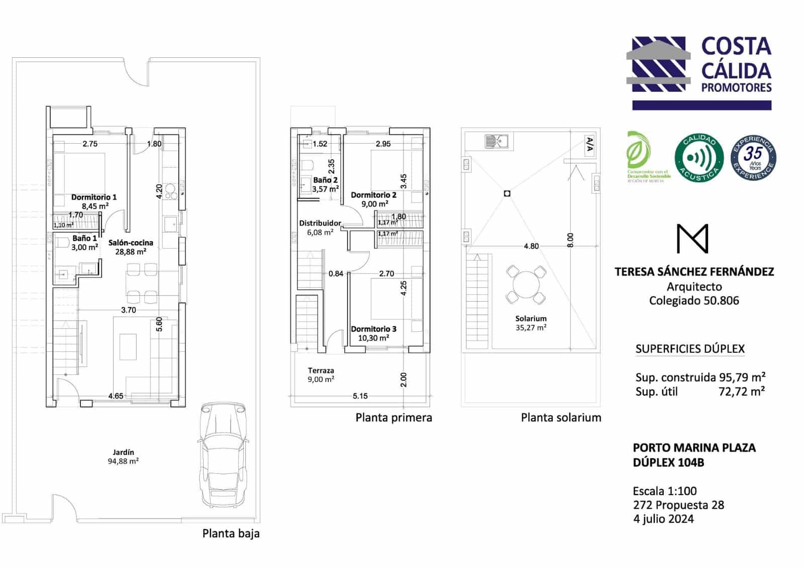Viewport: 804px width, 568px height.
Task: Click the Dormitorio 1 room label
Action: [93, 197]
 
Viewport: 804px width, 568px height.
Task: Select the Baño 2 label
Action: [325, 180]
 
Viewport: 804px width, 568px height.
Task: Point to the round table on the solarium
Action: [526, 285]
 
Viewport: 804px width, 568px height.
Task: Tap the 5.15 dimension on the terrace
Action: [360, 396]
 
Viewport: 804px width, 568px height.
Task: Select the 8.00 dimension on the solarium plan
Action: [570, 240]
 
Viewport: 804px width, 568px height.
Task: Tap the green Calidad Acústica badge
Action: [698, 158]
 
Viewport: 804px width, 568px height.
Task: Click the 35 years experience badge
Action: [753, 158]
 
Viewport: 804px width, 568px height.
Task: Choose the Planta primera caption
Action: [393, 418]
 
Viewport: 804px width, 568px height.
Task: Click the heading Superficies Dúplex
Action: [689, 349]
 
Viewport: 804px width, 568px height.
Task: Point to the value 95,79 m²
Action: [742, 377]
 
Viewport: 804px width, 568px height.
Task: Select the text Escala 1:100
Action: [664, 491]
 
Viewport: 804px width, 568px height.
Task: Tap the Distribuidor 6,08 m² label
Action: [320, 228]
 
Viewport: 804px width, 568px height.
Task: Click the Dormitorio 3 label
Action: [373, 329]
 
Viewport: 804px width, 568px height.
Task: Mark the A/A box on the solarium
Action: [589, 145]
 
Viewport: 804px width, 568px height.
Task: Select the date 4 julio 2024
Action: [663, 519]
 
